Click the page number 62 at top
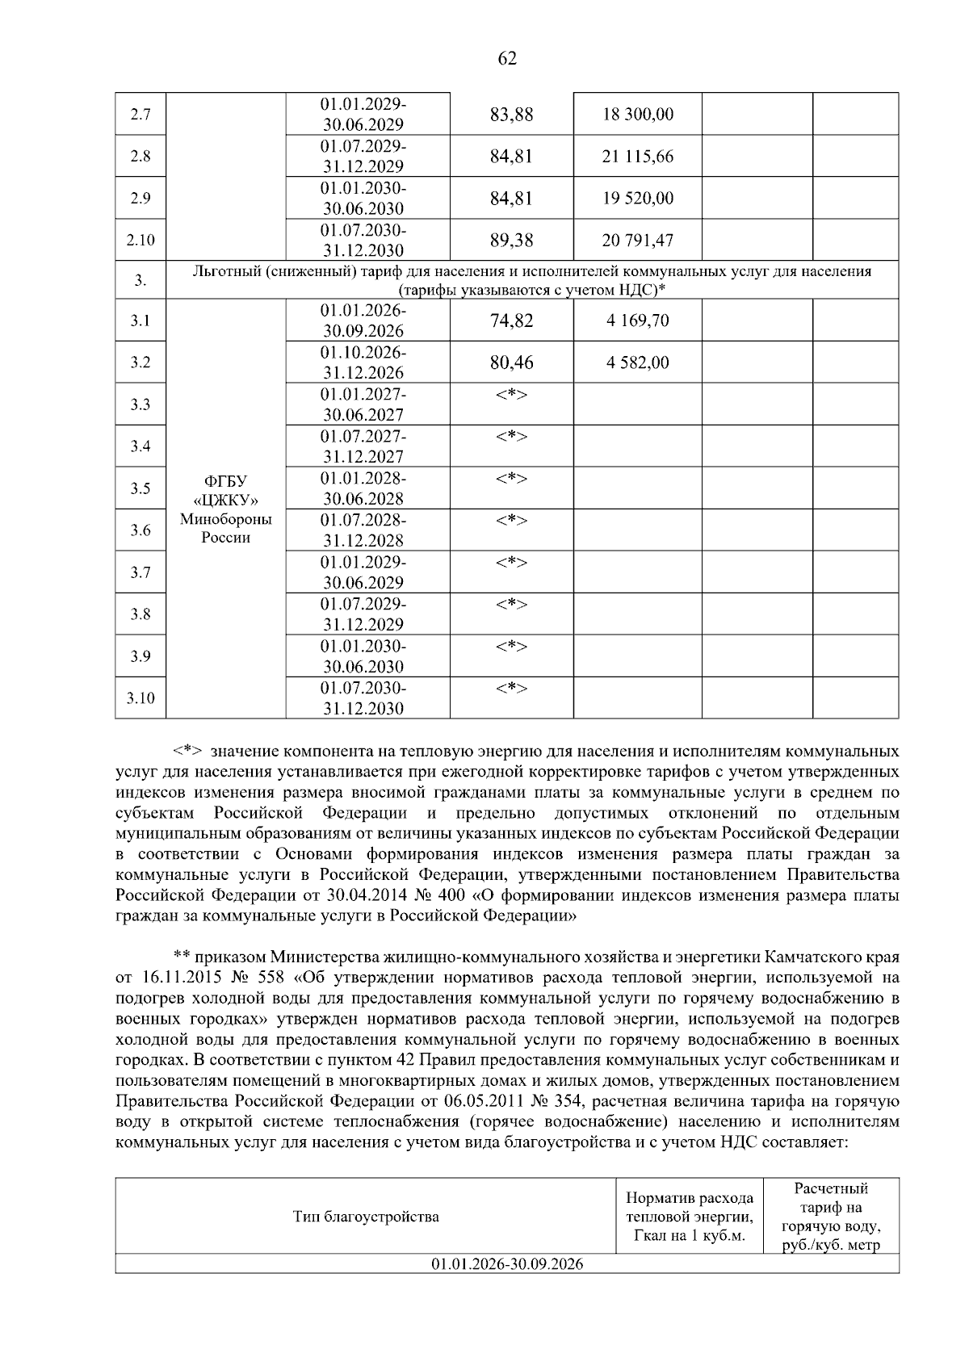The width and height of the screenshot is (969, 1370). pos(507,58)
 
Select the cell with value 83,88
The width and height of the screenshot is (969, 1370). pos(511,115)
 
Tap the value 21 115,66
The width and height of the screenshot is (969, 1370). pos(637,157)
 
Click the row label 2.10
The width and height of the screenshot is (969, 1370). pos(141,241)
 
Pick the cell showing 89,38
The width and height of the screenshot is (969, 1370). pos(511,241)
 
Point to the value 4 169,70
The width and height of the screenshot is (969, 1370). pos(637,321)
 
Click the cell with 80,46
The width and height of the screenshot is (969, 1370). pos(511,362)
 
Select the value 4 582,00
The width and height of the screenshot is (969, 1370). pos(637,362)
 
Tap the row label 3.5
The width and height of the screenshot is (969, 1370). pos(141,488)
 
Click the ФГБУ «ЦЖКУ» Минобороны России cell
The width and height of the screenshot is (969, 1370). pos(225,509)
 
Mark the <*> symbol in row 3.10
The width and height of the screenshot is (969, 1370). pos(511,689)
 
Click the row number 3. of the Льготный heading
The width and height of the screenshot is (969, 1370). pos(141,280)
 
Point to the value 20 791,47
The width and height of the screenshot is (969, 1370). pos(637,241)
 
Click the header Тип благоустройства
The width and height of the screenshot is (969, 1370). pos(366,1217)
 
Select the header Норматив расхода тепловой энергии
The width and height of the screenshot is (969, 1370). pos(690,1217)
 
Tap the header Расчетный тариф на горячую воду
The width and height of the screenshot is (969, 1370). pos(831,1217)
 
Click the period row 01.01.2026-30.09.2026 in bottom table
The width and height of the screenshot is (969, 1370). pos(507,1264)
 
